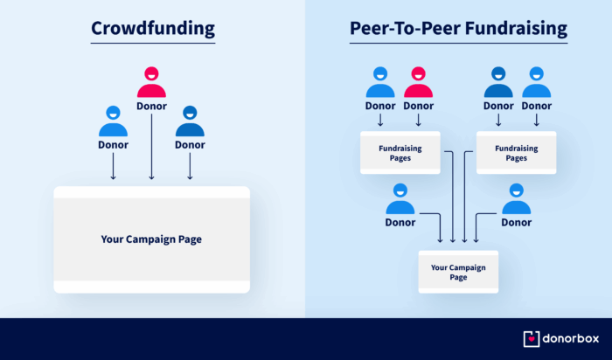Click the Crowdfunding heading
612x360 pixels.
pos(153,29)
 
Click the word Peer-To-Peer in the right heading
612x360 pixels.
pos(405,29)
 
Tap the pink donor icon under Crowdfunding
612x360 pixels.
pos(151,82)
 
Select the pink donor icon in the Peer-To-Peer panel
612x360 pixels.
pos(419,82)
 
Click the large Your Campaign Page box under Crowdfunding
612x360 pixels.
pos(152,239)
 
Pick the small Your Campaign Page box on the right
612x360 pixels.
pos(458,272)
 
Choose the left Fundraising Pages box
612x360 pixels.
pos(400,153)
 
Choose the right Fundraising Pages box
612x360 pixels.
pos(517,153)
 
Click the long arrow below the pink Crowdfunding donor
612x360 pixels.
pos(151,147)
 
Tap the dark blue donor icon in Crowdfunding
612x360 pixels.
pos(190,121)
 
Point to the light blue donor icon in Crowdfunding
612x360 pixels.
pos(113,121)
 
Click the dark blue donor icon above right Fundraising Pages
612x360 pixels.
pos(498,82)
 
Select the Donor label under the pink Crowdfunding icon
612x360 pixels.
pos(151,106)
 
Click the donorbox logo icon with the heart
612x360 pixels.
pos(532,339)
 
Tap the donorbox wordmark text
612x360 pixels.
pos(571,338)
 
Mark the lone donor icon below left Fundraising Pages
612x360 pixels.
pos(400,199)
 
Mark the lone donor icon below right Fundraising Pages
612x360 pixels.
pos(517,199)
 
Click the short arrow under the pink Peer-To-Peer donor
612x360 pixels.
pos(419,120)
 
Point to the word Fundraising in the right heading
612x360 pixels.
pos(516,29)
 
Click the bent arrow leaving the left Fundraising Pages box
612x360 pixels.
pos(452,195)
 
